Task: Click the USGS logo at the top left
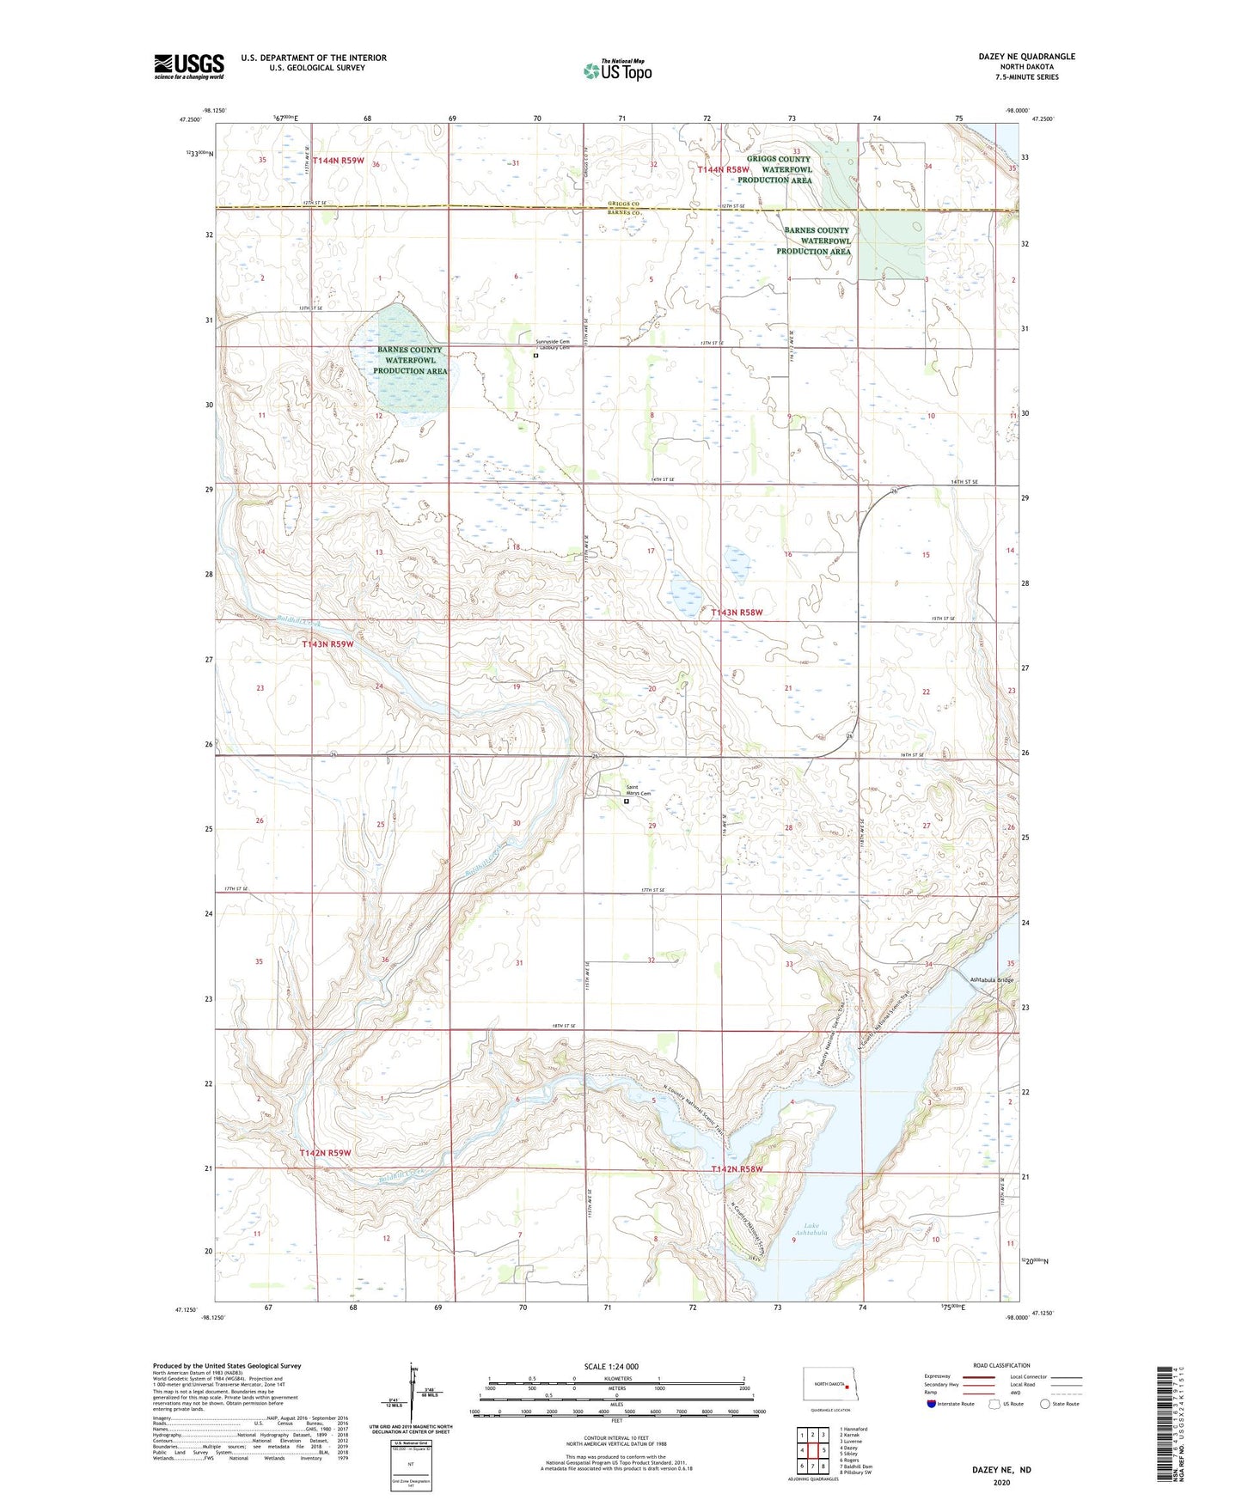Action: (189, 66)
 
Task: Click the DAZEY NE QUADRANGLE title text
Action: (1026, 57)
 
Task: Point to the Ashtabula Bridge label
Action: (991, 980)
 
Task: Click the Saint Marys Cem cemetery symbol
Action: (626, 802)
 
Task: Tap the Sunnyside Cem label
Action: (553, 341)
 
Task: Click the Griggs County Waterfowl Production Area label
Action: (779, 169)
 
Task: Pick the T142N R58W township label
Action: (737, 1170)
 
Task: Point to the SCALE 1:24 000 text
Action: (611, 1366)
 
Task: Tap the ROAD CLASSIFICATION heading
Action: (1000, 1365)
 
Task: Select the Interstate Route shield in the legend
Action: (932, 1404)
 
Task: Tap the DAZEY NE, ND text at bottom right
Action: (1001, 1470)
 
